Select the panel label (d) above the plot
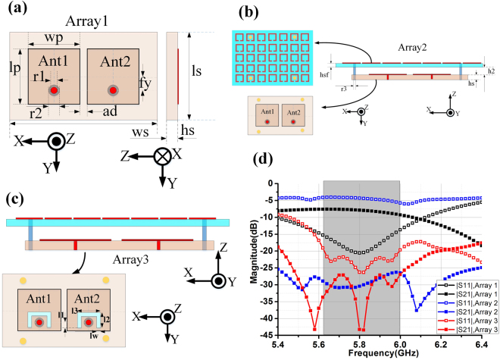click(x=282, y=161)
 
